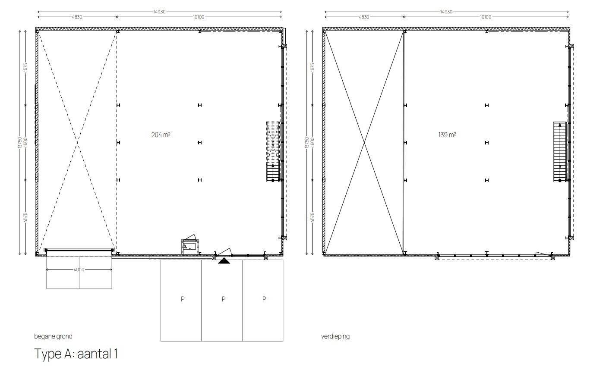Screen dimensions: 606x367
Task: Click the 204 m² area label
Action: pyautogui.click(x=161, y=135)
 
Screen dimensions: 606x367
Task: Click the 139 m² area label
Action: pyautogui.click(x=447, y=135)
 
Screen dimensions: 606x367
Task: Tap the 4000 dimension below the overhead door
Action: pyautogui.click(x=79, y=270)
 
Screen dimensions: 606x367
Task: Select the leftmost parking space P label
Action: pyautogui.click(x=183, y=299)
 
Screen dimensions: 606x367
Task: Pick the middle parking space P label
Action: pyautogui.click(x=224, y=299)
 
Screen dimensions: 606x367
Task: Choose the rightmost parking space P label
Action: pyautogui.click(x=264, y=299)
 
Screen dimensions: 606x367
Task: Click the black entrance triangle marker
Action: pyautogui.click(x=224, y=261)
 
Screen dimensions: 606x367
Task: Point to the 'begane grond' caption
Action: pyautogui.click(x=53, y=336)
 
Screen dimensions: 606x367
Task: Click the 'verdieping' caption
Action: pyautogui.click(x=335, y=336)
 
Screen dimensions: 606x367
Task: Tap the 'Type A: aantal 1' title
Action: pyautogui.click(x=76, y=354)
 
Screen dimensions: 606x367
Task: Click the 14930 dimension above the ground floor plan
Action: pyautogui.click(x=159, y=12)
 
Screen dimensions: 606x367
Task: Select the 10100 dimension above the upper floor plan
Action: pyautogui.click(x=486, y=17)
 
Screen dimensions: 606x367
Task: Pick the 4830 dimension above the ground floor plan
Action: pyautogui.click(x=77, y=17)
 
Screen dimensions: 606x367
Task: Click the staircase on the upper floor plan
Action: pyautogui.click(x=560, y=152)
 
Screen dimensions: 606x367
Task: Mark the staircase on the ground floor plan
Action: pyautogui.click(x=273, y=152)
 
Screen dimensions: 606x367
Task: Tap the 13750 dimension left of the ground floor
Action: pyautogui.click(x=20, y=142)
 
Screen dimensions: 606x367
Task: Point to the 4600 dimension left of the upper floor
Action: pyautogui.click(x=312, y=142)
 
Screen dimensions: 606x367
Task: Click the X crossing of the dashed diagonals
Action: pyautogui.click(x=78, y=142)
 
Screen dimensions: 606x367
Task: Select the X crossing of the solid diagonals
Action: pyautogui.click(x=364, y=142)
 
